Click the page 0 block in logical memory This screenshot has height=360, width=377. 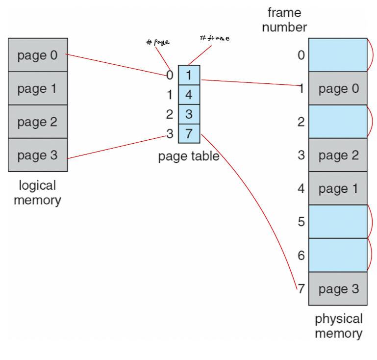pos(38,55)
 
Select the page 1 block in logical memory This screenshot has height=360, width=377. pos(38,89)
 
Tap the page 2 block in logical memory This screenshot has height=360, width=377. pos(38,122)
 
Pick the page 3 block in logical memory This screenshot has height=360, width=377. pos(38,155)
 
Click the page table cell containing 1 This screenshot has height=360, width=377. pos(189,75)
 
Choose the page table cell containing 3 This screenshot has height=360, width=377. pos(189,114)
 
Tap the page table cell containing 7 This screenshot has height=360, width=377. pos(189,133)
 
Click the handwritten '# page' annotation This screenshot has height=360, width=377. pos(158,42)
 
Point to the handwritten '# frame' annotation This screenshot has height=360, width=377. pos(215,38)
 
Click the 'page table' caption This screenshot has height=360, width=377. pos(188,157)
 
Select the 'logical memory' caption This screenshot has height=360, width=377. pos(38,193)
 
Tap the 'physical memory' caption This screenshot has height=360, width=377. pos(338,326)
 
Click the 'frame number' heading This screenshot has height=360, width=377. pos(284,20)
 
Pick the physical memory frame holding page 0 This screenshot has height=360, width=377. pos(338,89)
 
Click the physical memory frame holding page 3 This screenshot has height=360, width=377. pos(338,289)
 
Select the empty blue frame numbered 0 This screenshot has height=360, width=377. pos(338,55)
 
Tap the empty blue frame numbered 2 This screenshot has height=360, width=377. pos(338,122)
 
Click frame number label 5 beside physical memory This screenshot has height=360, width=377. pos(301,222)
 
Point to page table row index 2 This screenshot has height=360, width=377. pos(170,114)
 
